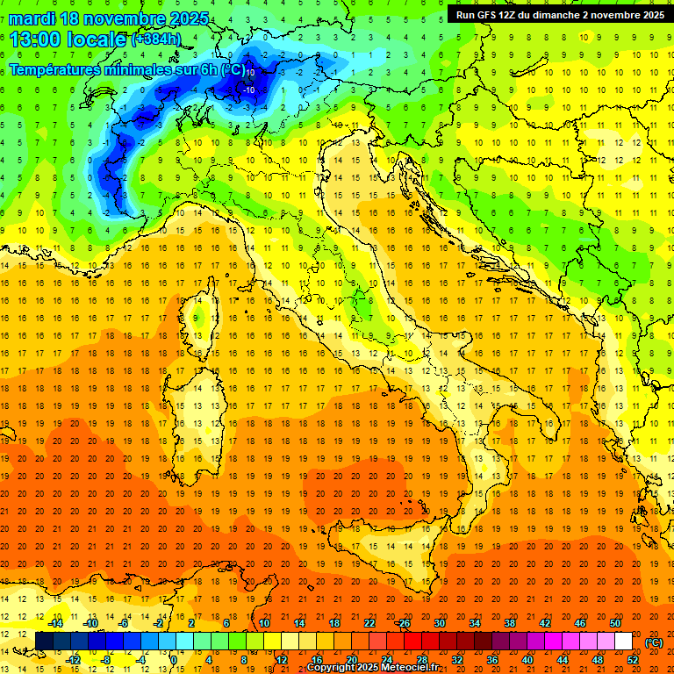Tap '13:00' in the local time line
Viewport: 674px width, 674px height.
34,39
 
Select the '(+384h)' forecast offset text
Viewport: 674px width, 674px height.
157,40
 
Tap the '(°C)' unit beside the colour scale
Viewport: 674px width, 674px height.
654,642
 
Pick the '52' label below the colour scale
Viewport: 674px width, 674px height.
633,660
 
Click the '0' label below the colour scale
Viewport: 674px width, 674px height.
174,660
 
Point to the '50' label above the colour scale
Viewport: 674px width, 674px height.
614,623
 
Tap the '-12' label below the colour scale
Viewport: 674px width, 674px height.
73,660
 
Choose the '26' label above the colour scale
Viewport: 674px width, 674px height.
404,623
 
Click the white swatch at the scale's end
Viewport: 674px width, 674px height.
623,642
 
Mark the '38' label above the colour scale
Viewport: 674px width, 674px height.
509,623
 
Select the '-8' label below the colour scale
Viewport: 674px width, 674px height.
107,660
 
